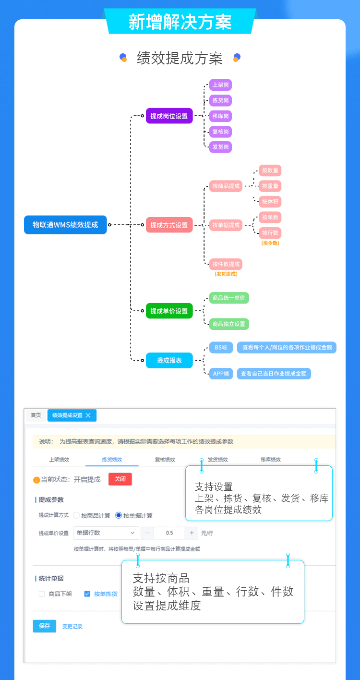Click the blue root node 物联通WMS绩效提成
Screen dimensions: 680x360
[65, 225]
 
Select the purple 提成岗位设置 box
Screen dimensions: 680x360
[169, 116]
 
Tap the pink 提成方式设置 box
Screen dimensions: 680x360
[169, 225]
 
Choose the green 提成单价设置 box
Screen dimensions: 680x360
[169, 311]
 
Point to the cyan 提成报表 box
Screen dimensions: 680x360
[169, 360]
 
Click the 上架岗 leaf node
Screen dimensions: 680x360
[220, 85]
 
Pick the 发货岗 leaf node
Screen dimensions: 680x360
[220, 146]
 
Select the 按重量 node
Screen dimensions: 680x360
[270, 186]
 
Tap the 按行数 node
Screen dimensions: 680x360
[270, 233]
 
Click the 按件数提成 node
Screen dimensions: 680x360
[226, 264]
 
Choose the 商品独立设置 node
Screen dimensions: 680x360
[228, 324]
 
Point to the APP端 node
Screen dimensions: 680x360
[221, 373]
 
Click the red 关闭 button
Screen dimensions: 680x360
[120, 479]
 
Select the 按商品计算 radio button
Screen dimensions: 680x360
[76, 515]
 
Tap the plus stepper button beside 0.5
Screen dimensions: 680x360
[192, 533]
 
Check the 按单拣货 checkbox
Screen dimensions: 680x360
[87, 594]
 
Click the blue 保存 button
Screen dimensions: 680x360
[45, 626]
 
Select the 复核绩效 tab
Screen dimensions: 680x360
[165, 460]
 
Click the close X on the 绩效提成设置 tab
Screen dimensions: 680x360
[88, 415]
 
